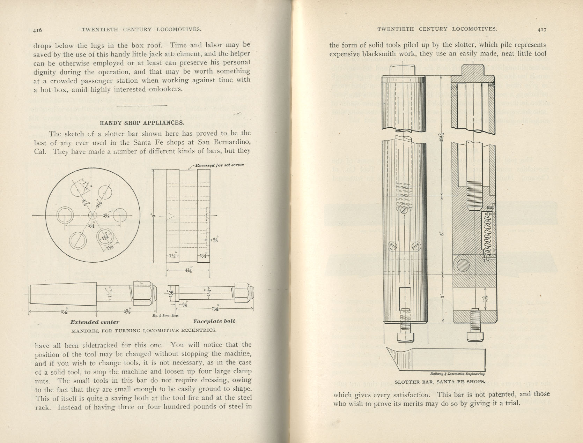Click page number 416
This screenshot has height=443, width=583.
[37, 30]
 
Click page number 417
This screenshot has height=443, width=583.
[542, 30]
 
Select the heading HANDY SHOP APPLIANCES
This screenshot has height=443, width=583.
[142, 123]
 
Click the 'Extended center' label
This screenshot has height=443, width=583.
[95, 322]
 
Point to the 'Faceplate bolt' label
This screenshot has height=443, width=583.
[214, 321]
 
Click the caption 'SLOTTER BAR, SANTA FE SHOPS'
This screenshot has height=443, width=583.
[440, 382]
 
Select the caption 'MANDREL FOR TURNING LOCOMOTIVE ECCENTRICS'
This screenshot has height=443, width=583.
[144, 330]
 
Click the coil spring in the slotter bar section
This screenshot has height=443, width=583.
[488, 234]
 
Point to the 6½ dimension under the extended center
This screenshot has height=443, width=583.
[64, 311]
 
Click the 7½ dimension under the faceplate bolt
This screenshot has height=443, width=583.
[215, 309]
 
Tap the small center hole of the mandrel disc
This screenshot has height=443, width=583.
[92, 215]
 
